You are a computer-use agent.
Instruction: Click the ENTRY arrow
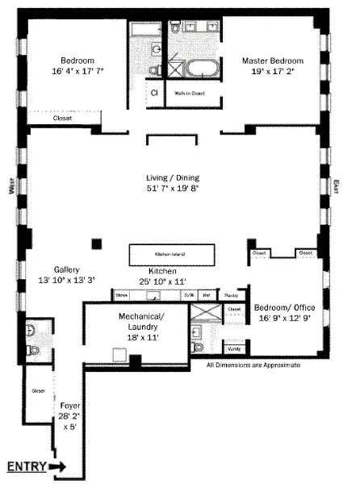tap(58, 466)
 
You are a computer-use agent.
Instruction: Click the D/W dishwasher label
tap(190, 295)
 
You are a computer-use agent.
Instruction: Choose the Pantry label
tap(229, 295)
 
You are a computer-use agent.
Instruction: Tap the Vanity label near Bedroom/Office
tap(234, 349)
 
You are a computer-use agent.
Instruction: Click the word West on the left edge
tap(12, 189)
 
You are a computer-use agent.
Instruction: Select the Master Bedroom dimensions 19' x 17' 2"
tap(274, 73)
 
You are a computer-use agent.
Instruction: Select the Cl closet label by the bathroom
tap(154, 93)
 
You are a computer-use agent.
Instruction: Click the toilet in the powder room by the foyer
tap(31, 350)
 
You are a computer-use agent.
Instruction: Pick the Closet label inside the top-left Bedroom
tap(62, 119)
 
